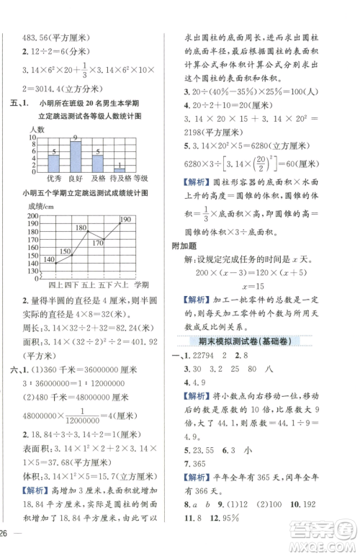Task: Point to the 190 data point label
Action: click(125, 219)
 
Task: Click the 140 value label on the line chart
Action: click(49, 260)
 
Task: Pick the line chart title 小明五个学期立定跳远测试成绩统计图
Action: click(84, 194)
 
